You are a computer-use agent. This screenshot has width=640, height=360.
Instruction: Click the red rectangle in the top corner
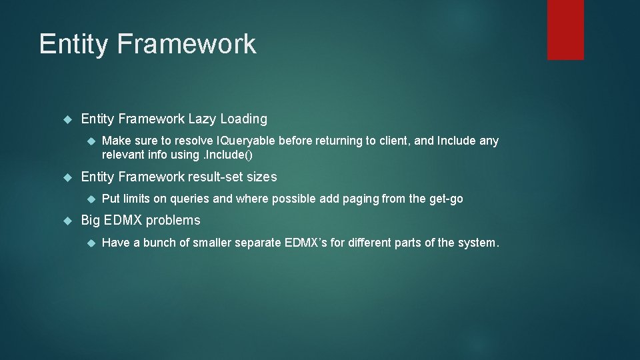coord(565,29)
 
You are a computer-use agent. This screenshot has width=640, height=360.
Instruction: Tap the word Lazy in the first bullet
coord(202,119)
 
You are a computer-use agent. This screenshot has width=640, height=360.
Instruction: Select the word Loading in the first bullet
coord(243,119)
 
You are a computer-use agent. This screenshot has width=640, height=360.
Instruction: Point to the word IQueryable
coord(245,141)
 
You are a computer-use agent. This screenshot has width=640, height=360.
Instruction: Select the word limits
coord(136,199)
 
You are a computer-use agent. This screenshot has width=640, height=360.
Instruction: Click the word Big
coord(91,221)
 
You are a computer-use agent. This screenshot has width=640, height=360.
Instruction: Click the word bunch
coord(159,243)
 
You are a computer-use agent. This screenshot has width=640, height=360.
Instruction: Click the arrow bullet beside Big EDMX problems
coord(67,221)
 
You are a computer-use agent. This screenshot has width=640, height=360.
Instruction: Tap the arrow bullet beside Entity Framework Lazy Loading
coord(67,120)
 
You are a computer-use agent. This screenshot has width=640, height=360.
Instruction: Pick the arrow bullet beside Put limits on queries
coord(89,199)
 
